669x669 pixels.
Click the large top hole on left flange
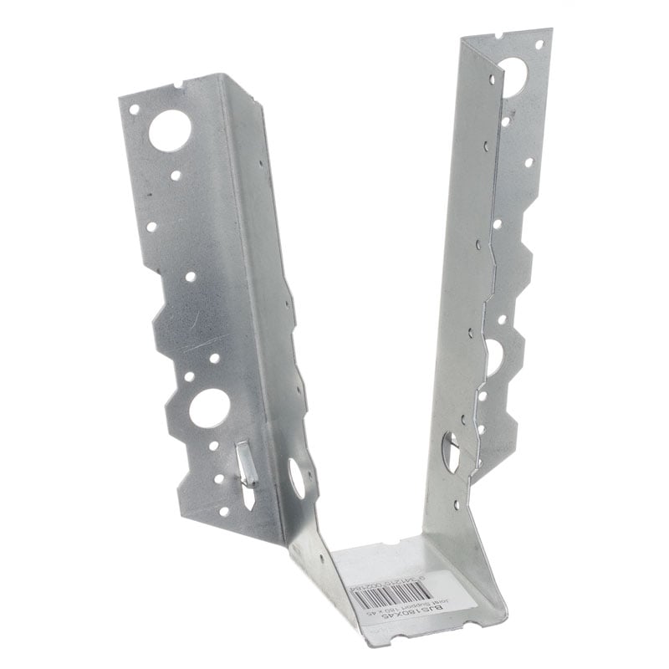point(170,131)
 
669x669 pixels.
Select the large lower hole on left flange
point(208,408)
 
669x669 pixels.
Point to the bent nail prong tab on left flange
point(245,465)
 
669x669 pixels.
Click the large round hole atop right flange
point(513,78)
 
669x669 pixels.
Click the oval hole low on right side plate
point(450,452)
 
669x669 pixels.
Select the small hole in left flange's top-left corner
point(134,109)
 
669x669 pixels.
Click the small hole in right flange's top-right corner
point(539,43)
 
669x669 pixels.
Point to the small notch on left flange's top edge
point(181,84)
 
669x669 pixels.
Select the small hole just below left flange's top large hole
point(175,176)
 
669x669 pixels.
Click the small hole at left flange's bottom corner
point(223,510)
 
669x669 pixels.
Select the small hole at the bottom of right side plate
point(456,504)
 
